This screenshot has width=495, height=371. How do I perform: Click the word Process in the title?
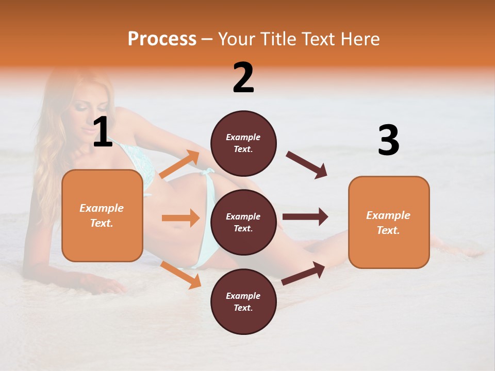pyautogui.click(x=162, y=39)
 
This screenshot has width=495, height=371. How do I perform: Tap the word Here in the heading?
pyautogui.click(x=360, y=39)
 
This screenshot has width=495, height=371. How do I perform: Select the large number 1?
pyautogui.click(x=103, y=132)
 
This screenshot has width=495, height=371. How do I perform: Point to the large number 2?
pyautogui.click(x=243, y=78)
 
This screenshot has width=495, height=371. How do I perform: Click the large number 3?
pyautogui.click(x=388, y=141)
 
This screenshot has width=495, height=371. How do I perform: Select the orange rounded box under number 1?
pyautogui.click(x=102, y=215)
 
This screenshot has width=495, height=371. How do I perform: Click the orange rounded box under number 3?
pyautogui.click(x=389, y=222)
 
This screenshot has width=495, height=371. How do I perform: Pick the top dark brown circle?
pyautogui.click(x=243, y=143)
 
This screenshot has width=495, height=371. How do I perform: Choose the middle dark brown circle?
pyautogui.click(x=243, y=222)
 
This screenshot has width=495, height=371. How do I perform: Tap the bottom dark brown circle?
pyautogui.click(x=243, y=301)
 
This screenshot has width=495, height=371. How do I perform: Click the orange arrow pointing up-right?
pyautogui.click(x=179, y=164)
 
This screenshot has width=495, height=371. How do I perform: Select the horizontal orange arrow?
pyautogui.click(x=180, y=218)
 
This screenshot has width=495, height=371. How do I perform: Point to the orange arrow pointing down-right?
pyautogui.click(x=180, y=275)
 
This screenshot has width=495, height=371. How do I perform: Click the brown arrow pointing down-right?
pyautogui.click(x=307, y=165)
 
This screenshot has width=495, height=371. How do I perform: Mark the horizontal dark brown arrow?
pyautogui.click(x=305, y=217)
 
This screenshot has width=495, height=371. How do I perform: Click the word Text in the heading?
pyautogui.click(x=320, y=39)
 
